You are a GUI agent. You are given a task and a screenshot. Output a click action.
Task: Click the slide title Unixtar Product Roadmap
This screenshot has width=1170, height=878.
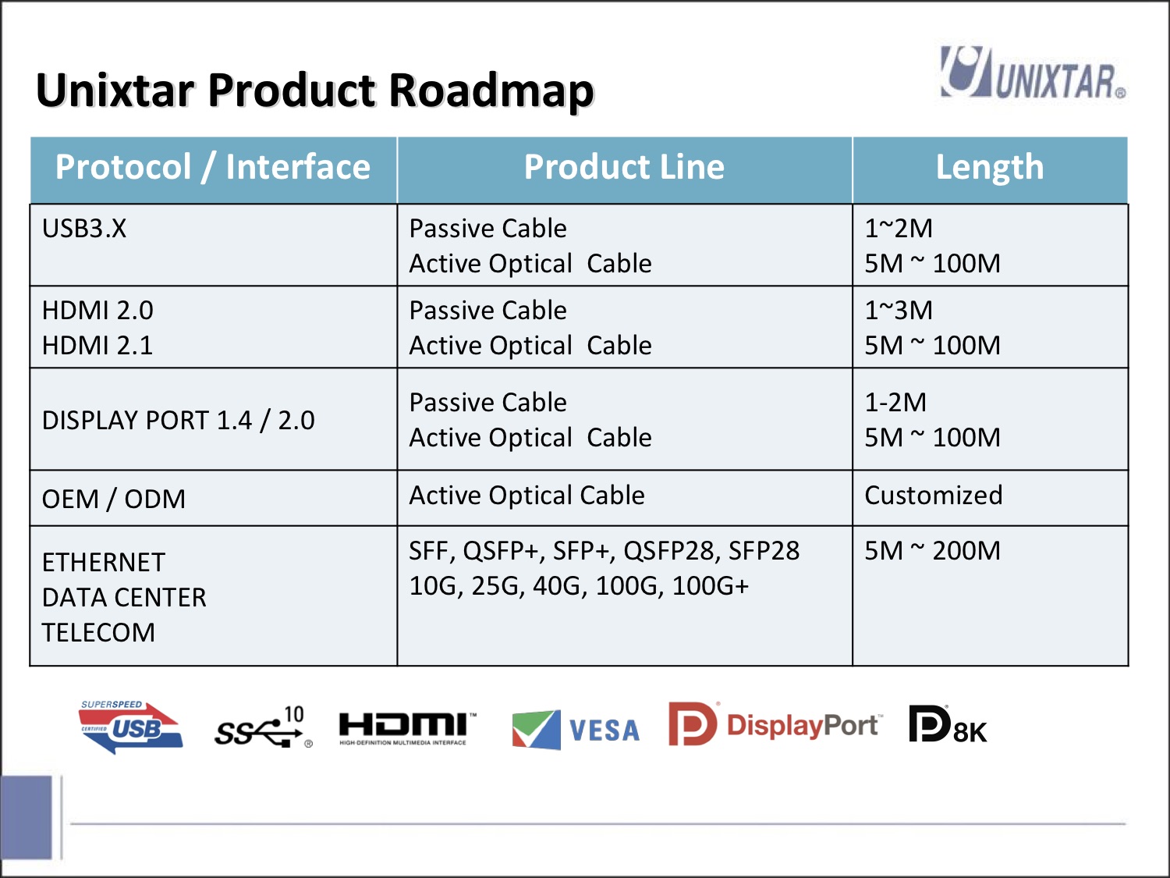[314, 91]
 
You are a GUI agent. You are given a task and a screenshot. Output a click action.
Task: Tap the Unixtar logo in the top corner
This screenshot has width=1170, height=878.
[1033, 73]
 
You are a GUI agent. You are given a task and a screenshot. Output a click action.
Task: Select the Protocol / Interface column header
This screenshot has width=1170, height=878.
[213, 167]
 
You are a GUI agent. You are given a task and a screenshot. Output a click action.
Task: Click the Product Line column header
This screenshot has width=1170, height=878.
[624, 167]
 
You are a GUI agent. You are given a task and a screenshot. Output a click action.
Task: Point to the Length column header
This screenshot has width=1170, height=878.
[990, 167]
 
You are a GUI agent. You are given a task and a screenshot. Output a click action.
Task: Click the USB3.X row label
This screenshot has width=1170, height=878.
[84, 228]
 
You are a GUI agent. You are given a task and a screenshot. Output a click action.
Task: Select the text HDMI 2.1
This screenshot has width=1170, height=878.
[97, 345]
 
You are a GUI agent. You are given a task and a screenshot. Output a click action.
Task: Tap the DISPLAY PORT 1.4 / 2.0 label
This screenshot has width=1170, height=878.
[178, 420]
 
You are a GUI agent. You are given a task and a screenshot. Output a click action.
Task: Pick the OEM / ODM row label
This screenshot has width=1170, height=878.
[114, 499]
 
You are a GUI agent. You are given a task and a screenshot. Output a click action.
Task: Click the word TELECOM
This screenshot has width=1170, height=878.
[98, 633]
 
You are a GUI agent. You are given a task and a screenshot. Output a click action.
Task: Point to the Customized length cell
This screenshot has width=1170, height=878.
[934, 496]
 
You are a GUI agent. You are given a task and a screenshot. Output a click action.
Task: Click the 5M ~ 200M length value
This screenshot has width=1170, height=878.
[932, 551]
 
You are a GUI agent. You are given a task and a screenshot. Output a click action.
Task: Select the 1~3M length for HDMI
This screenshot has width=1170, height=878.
[899, 310]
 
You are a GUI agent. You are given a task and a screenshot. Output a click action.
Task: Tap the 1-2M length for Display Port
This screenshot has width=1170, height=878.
[895, 402]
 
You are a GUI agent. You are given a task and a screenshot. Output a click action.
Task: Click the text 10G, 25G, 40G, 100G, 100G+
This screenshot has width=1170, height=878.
[579, 585]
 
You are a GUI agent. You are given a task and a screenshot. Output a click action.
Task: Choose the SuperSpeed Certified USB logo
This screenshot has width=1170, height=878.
[131, 727]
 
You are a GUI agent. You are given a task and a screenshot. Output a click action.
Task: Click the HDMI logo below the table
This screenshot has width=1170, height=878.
[407, 727]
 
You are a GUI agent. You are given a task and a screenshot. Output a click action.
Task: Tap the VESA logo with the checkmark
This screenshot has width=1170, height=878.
[576, 729]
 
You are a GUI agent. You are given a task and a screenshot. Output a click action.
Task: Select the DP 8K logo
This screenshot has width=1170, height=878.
[948, 723]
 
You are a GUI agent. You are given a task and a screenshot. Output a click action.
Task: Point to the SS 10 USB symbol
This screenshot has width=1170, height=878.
[264, 727]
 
